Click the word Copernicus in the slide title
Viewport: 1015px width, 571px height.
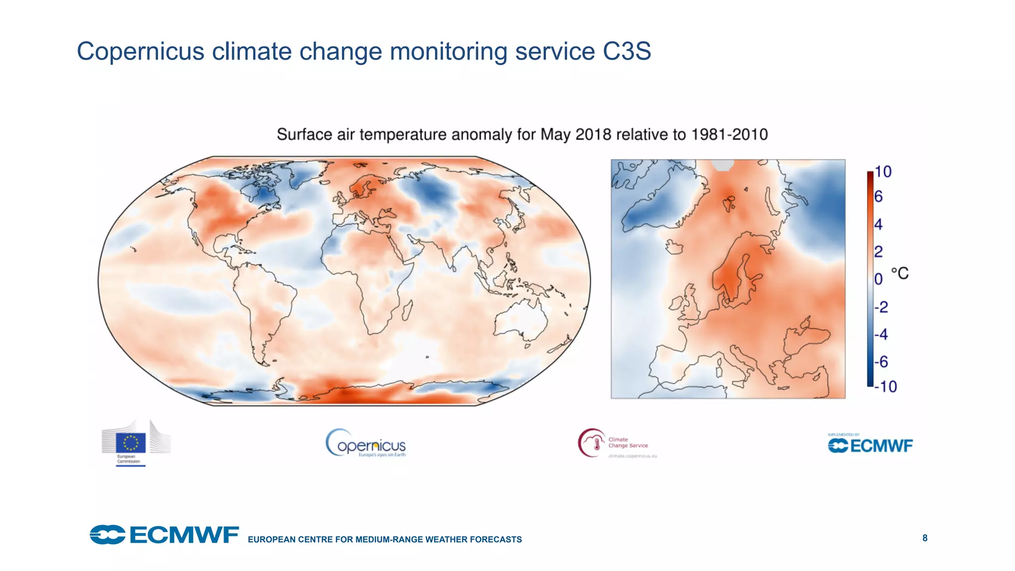click(140, 52)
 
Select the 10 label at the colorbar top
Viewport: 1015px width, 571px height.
click(883, 172)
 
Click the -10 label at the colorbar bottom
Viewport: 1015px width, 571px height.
click(885, 386)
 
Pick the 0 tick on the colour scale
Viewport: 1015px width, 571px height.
click(878, 279)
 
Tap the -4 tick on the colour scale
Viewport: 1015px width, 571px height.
click(881, 334)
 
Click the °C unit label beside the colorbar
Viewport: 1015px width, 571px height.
click(900, 273)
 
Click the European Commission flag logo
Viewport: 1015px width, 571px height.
click(131, 442)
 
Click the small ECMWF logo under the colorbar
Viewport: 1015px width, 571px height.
click(870, 445)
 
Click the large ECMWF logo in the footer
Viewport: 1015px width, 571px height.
click(164, 535)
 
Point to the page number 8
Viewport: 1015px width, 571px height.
click(925, 538)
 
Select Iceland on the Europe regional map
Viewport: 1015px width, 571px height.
click(674, 247)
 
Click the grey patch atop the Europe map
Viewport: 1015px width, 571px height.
click(723, 165)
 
